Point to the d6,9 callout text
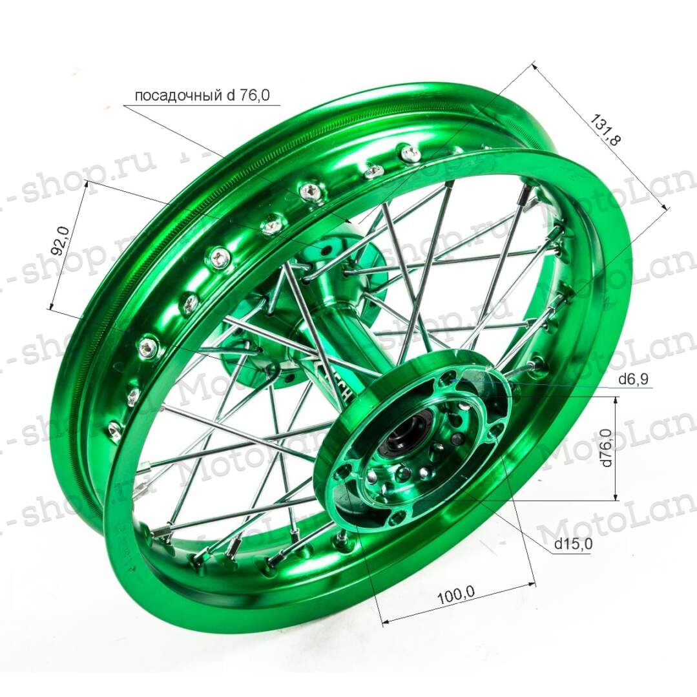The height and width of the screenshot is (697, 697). click(x=632, y=380)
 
